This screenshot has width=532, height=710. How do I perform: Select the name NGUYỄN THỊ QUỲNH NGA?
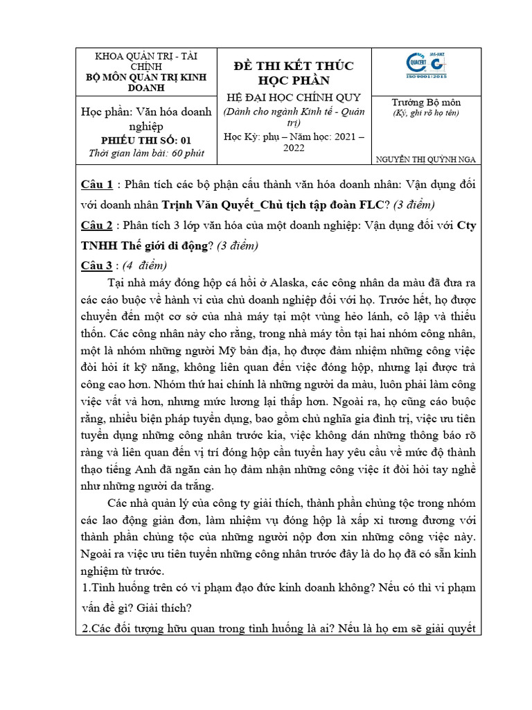pyautogui.click(x=426, y=159)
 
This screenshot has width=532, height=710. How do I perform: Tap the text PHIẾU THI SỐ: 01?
pyautogui.click(x=145, y=139)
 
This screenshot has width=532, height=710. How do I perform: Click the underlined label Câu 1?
pyautogui.click(x=96, y=184)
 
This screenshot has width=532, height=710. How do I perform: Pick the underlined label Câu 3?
pyautogui.click(x=96, y=266)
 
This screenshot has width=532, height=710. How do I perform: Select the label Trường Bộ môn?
pyautogui.click(x=426, y=102)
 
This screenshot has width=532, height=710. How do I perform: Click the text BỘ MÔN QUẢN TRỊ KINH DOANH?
pyautogui.click(x=145, y=83)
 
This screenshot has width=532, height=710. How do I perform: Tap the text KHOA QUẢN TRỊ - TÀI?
pyautogui.click(x=145, y=57)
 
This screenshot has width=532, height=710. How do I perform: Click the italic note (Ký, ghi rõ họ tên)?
pyautogui.click(x=426, y=112)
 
